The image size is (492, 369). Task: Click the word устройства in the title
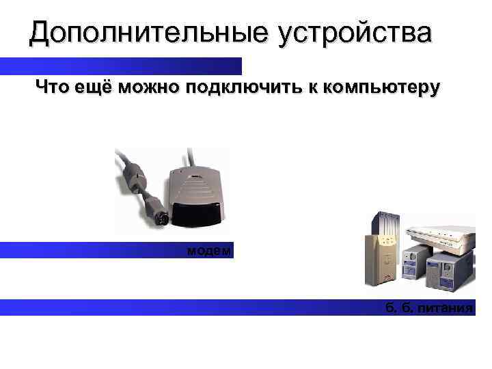(355, 33)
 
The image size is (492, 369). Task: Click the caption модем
(210, 251)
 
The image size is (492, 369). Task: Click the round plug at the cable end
(159, 218)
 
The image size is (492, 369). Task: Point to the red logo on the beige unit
(386, 276)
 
